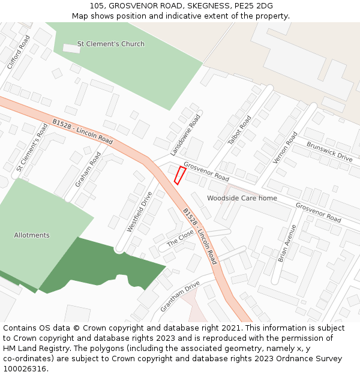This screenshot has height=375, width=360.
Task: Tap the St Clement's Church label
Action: [x=111, y=44]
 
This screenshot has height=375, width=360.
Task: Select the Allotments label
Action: [x=32, y=235]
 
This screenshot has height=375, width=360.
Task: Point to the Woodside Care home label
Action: [x=242, y=198]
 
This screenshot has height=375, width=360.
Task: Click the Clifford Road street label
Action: [x=19, y=52]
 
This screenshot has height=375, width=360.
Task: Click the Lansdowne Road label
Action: [x=185, y=134]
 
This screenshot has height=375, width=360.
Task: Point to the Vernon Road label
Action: [x=285, y=148]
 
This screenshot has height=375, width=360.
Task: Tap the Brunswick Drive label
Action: [x=329, y=152]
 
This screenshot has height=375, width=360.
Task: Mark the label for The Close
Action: [x=181, y=238]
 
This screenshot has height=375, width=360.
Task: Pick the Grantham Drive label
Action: [x=180, y=296]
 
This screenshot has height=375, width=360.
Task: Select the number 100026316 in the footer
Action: [x=25, y=368]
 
